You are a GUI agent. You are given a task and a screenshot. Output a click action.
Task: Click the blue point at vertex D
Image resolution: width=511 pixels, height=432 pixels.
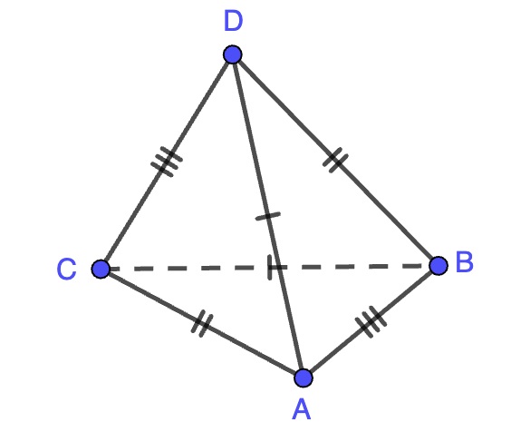232,54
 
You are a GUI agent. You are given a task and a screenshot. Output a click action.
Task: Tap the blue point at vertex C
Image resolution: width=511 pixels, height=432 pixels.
101,269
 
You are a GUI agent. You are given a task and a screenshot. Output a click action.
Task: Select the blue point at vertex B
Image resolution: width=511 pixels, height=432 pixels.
439,266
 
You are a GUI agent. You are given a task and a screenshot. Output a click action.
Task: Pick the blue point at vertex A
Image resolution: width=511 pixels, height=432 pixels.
304,378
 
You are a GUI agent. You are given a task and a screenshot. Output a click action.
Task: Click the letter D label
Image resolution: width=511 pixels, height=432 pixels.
234,21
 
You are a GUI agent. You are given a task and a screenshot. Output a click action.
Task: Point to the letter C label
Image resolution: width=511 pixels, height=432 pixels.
66,269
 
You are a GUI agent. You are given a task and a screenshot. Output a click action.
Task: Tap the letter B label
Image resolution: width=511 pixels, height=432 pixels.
465,261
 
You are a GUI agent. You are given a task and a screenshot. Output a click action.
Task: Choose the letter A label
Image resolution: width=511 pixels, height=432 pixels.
302,409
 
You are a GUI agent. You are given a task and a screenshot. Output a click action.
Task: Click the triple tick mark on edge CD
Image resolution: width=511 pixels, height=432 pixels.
167,162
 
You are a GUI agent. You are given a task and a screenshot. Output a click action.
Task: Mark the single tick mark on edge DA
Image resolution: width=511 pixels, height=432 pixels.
268,216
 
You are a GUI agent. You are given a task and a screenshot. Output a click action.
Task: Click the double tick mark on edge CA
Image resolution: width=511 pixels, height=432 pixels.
202,323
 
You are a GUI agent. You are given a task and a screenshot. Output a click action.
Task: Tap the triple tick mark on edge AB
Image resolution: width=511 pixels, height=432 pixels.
371,322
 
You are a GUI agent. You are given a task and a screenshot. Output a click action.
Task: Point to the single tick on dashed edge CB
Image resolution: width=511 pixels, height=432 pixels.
269,268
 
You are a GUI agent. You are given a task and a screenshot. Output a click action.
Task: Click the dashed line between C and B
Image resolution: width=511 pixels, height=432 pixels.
269,268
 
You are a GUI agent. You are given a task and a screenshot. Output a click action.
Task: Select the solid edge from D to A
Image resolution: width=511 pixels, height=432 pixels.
268,216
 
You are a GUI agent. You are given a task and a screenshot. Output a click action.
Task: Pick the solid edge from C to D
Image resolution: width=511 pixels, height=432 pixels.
167,162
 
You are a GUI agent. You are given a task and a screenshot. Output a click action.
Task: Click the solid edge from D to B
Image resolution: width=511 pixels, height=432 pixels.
335,160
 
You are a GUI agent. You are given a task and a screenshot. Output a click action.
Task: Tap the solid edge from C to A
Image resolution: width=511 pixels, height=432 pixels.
202,324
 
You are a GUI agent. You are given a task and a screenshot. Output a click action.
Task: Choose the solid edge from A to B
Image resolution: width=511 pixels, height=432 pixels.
371,322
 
